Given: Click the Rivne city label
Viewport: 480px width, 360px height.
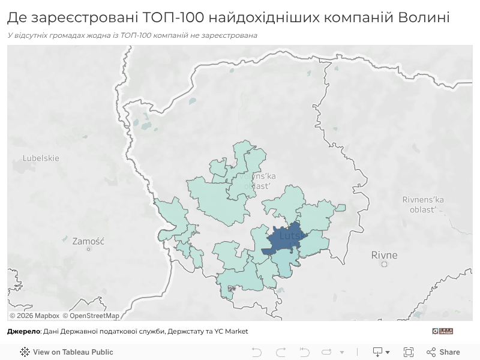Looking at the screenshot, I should coord(384,255).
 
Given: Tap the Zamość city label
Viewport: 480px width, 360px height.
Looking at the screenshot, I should coord(88,241).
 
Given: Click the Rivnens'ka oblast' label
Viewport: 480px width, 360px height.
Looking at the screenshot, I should coord(423,204).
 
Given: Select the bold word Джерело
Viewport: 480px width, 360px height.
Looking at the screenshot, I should coord(23,331).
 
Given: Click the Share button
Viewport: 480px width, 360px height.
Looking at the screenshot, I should coord(443,352).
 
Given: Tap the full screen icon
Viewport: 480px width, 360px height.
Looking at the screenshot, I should coord(409,352).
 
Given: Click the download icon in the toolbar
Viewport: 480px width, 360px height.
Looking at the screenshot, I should coord(378,352).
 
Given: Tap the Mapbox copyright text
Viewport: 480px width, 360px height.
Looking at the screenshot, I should coord(34,316).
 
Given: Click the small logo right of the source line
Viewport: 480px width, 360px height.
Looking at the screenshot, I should coord(442,331).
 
